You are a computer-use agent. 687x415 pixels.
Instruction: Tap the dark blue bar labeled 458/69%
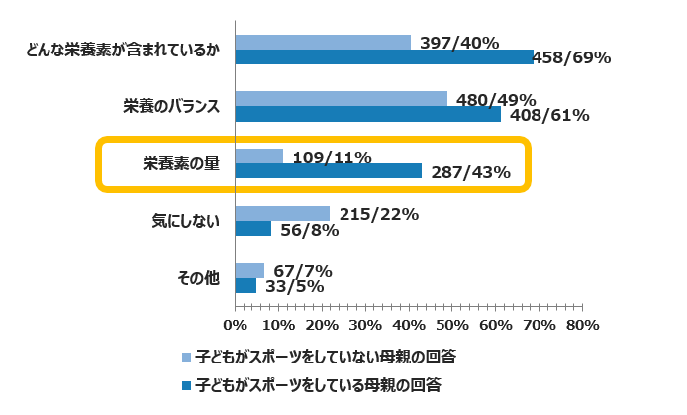(384, 57)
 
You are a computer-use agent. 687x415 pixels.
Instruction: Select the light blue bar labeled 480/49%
(341, 99)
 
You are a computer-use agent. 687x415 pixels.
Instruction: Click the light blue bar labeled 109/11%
(259, 156)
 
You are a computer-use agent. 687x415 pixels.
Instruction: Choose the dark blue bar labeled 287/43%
(329, 171)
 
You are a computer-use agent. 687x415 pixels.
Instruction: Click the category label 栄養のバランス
(171, 106)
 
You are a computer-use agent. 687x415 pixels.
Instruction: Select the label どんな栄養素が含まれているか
(122, 50)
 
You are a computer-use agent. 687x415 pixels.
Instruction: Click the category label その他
(197, 278)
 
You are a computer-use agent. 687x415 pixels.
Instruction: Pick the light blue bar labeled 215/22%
(282, 214)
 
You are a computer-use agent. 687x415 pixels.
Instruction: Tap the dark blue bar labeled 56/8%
(253, 229)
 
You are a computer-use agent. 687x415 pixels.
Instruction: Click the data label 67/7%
(302, 271)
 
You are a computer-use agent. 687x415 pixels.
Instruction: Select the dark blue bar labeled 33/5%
(245, 286)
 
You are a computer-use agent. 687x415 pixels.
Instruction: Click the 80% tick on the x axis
(583, 325)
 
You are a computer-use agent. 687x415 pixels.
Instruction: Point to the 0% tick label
(235, 325)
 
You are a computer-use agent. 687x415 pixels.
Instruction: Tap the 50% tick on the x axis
(452, 325)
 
